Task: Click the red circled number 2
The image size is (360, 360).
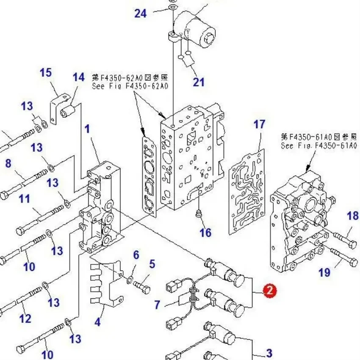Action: (269, 291)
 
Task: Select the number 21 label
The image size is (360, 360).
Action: (199, 82)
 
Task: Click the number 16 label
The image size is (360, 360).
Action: (205, 232)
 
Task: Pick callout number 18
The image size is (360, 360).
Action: (352, 216)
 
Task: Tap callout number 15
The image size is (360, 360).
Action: (46, 73)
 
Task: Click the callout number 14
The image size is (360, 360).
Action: (78, 78)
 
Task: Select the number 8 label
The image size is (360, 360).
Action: (8, 163)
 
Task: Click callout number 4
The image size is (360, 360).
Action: (98, 322)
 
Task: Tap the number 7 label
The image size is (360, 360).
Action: (157, 304)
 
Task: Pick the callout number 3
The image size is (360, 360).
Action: (269, 352)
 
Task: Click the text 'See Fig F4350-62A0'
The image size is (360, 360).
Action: (130, 86)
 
